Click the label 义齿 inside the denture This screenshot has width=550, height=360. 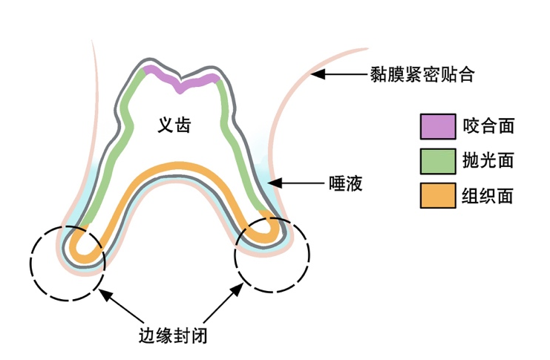coord(174,125)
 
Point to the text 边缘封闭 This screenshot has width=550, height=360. coord(173,335)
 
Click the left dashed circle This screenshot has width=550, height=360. coord(68,263)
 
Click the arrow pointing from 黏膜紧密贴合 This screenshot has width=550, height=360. coord(338,74)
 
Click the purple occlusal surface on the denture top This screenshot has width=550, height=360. coord(180,80)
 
